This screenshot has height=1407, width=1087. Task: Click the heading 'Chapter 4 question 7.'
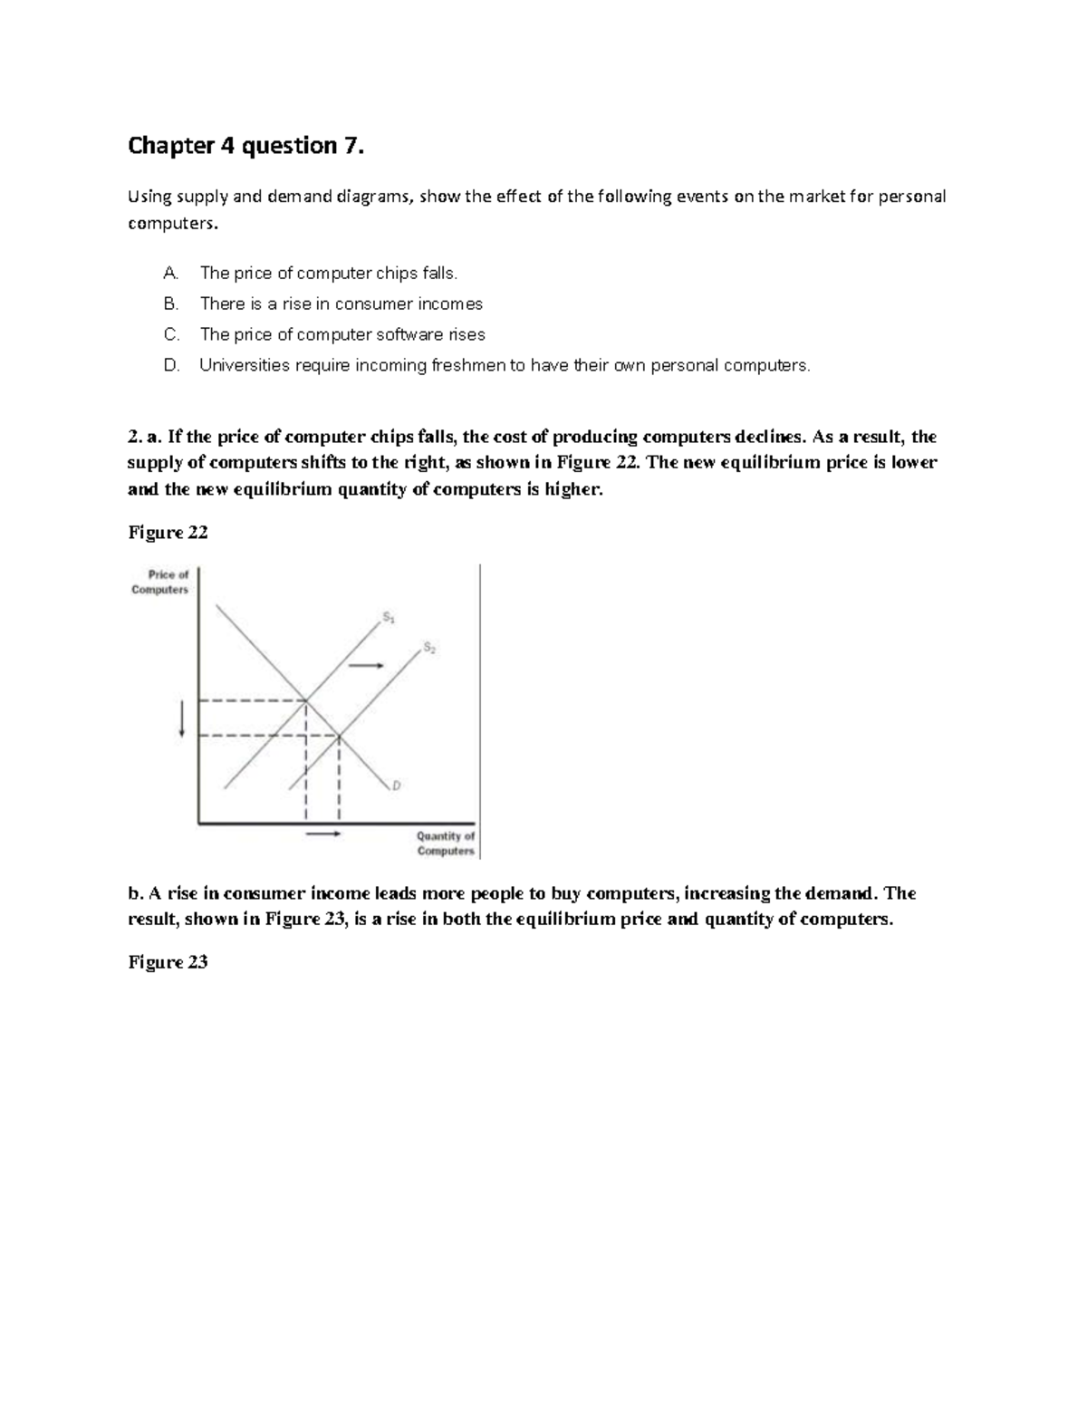(x=245, y=145)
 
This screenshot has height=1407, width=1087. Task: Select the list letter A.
(x=171, y=273)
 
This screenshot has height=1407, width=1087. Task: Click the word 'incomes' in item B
(x=449, y=304)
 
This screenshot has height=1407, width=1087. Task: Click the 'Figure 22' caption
(x=168, y=533)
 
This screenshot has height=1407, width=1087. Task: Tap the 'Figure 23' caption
(x=168, y=962)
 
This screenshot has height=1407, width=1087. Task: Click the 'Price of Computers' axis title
(x=161, y=582)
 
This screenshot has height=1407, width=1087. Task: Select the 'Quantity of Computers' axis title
(x=445, y=843)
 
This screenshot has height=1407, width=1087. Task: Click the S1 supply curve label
(x=388, y=618)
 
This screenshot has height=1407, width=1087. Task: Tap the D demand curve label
(x=396, y=785)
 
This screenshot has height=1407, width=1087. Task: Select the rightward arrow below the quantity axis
(x=322, y=834)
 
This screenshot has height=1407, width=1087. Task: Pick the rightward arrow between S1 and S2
(x=367, y=666)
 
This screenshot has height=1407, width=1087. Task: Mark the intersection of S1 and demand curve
(x=306, y=700)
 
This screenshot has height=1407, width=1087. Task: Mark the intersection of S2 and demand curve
(x=339, y=735)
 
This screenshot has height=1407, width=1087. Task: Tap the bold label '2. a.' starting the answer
(x=145, y=437)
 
